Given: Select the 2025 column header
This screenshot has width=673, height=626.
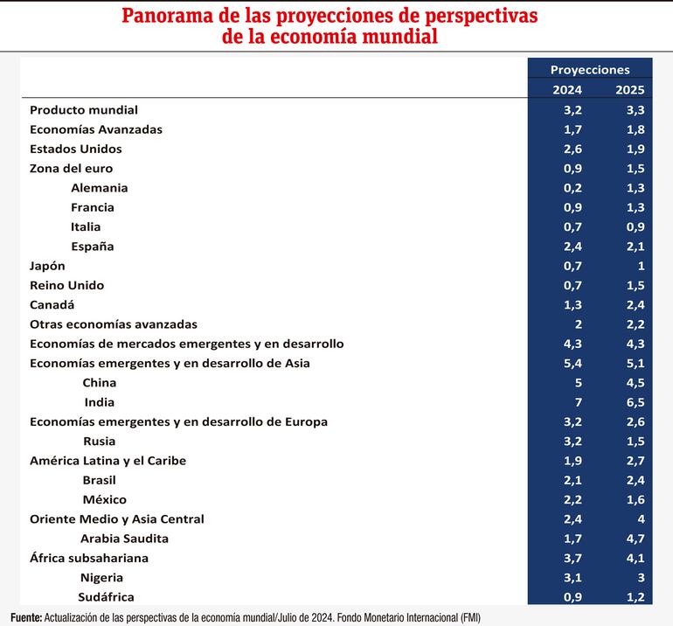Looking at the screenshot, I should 629,90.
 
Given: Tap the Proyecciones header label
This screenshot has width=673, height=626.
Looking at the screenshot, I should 590,70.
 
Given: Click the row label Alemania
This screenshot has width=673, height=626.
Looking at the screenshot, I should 99,188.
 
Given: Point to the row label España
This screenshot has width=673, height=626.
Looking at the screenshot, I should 93,247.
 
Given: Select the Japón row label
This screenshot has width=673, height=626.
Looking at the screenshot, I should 47,266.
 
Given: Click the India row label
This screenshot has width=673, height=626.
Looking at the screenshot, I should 100,402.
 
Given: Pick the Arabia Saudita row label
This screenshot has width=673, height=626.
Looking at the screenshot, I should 124,539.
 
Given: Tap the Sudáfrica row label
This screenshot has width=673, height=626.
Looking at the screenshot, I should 106,597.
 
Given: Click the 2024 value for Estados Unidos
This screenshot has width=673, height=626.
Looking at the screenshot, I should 573,149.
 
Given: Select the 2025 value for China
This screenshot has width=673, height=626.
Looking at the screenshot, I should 635,383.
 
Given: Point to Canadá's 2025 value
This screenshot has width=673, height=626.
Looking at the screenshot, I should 635,305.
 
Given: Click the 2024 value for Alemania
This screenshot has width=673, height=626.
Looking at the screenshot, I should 573,188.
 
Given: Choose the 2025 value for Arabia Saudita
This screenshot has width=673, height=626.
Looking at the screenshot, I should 635,539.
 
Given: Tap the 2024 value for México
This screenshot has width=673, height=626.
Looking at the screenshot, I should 573,500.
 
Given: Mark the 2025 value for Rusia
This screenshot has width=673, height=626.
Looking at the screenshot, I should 635,442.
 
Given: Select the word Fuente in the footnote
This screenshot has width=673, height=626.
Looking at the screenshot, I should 25,617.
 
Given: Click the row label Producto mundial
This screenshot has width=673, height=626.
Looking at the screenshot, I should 84,110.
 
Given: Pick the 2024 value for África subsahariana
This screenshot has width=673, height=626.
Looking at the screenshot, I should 573,558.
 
